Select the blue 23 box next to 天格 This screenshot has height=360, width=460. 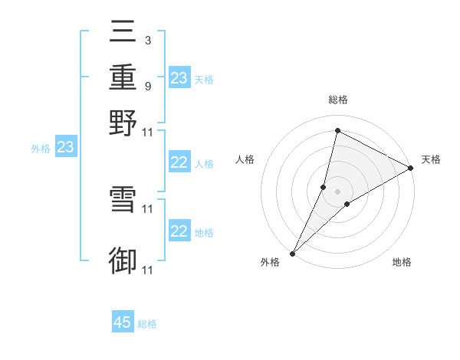(x=179, y=78)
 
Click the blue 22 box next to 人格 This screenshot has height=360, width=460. (x=179, y=162)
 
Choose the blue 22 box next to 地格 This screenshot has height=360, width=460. (x=179, y=231)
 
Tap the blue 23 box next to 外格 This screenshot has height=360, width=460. (x=65, y=147)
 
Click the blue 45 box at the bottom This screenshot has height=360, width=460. (x=123, y=322)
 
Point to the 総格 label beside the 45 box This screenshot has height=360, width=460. (x=148, y=324)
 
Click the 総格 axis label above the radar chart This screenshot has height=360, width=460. (x=338, y=100)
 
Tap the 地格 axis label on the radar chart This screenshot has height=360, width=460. (x=402, y=263)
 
